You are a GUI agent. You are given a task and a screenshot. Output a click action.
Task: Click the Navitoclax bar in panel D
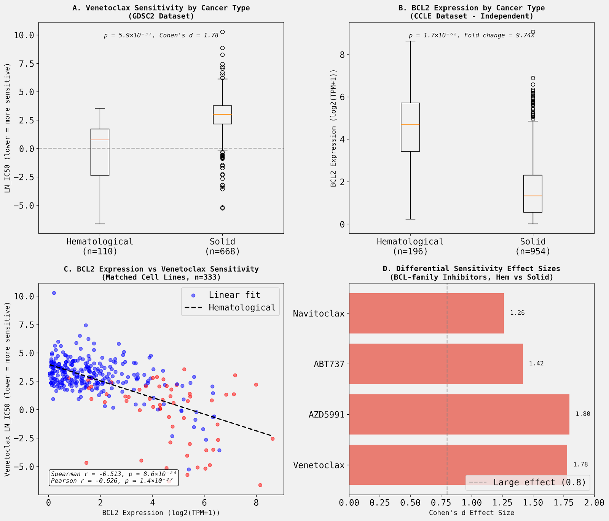click(426, 313)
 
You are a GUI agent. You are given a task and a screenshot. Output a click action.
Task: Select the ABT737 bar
click(436, 364)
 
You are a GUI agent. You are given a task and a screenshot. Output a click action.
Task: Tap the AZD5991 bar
click(459, 414)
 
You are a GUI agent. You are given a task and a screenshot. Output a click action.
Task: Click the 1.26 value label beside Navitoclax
click(517, 313)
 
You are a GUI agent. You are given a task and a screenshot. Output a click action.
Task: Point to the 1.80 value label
click(583, 414)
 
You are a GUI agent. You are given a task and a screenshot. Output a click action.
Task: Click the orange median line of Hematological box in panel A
click(100, 140)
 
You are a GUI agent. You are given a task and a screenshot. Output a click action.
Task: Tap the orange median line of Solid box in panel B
click(532, 196)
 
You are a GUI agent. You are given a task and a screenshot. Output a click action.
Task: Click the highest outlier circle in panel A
click(222, 32)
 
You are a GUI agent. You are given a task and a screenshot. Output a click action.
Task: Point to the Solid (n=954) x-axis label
click(532, 246)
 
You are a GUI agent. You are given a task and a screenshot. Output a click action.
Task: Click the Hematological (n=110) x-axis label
click(100, 246)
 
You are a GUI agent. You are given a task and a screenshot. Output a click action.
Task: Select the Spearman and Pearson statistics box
click(113, 478)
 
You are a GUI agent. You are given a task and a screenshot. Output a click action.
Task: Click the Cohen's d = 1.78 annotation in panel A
click(189, 35)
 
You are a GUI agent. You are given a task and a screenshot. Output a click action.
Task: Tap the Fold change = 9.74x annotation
click(499, 35)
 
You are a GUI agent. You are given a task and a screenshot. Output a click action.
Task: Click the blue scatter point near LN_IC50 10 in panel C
click(54, 293)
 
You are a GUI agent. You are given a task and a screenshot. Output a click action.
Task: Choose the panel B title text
click(471, 12)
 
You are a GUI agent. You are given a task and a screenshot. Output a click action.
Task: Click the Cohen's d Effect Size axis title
click(471, 513)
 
